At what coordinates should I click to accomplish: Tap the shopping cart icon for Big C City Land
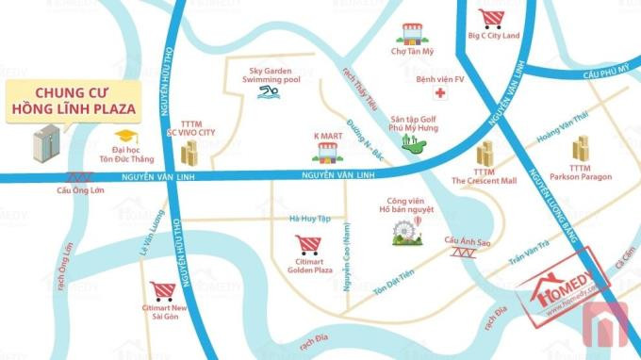[491, 19]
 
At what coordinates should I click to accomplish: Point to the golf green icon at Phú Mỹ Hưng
[410, 143]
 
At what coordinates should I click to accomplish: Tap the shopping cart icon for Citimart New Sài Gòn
[162, 290]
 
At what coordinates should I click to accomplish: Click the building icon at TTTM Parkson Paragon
[579, 148]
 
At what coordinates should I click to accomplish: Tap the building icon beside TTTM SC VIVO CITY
[189, 153]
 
